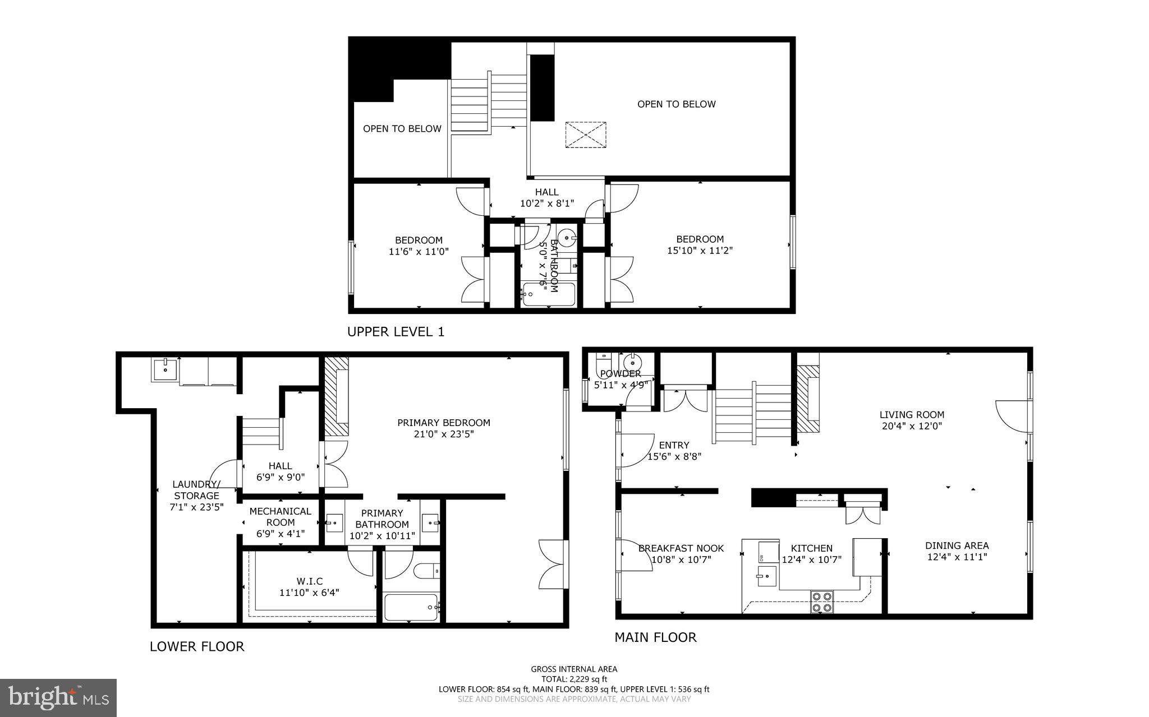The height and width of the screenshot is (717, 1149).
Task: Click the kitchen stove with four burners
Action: pyautogui.click(x=822, y=602)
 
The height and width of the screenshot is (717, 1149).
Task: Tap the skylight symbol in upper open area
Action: pyautogui.click(x=586, y=135)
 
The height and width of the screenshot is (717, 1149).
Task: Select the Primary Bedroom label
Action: pyautogui.click(x=443, y=423)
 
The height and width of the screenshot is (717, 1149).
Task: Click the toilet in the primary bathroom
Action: pyautogui.click(x=426, y=571)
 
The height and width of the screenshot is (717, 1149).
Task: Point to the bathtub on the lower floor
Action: pyautogui.click(x=411, y=607)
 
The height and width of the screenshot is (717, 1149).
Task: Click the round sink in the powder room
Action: pyautogui.click(x=631, y=359)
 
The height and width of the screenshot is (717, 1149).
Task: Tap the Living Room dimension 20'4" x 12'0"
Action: pyautogui.click(x=911, y=426)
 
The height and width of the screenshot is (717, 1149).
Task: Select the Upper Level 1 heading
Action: pyautogui.click(x=396, y=332)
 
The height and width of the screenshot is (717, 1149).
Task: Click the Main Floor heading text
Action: pyautogui.click(x=655, y=637)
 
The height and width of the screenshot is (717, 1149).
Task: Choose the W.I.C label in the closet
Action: pyautogui.click(x=309, y=581)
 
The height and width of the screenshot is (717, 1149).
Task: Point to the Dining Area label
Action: pyautogui.click(x=957, y=545)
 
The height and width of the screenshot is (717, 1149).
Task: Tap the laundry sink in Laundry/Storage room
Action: pyautogui.click(x=165, y=370)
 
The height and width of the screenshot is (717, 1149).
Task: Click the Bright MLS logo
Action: pyautogui.click(x=58, y=697)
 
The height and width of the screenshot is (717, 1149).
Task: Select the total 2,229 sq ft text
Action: pyautogui.click(x=574, y=679)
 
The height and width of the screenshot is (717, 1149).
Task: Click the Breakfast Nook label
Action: pyautogui.click(x=681, y=548)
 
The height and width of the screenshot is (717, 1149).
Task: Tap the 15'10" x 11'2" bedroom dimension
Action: pyautogui.click(x=700, y=251)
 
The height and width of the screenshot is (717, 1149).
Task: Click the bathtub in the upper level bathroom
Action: pyautogui.click(x=548, y=294)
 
